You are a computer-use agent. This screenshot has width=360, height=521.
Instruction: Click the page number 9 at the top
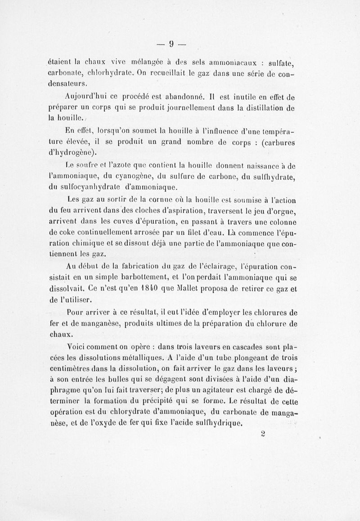point(171,43)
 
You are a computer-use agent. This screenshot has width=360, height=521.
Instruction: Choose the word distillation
point(263,109)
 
